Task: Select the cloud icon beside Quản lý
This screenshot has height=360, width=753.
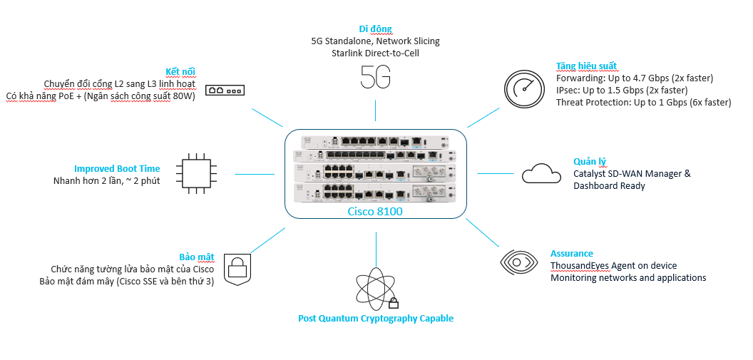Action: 541,173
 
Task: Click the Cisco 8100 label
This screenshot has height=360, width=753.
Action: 375,211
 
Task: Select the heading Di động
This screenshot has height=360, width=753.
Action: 375,29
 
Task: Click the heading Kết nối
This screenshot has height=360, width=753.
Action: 180,71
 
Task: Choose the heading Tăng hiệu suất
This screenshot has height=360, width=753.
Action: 586,66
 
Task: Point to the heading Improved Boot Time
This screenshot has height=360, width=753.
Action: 117,169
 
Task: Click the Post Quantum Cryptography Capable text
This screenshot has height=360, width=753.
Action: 376,319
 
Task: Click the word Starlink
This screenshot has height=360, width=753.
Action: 349,53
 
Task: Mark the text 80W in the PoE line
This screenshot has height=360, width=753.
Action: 183,96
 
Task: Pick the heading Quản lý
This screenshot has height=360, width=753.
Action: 590,161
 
